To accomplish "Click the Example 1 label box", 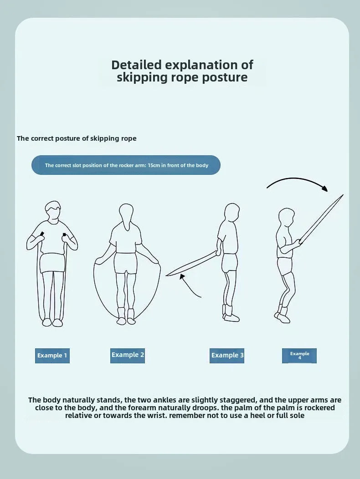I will (x=52, y=356).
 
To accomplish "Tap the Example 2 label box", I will (x=128, y=355).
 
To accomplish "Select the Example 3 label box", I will (x=227, y=355).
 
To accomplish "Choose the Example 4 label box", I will (x=299, y=356).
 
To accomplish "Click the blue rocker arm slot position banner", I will (x=126, y=165).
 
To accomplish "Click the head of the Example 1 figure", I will (x=53, y=212).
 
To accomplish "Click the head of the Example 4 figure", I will (x=287, y=218).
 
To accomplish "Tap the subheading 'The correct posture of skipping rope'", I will (x=77, y=138).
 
